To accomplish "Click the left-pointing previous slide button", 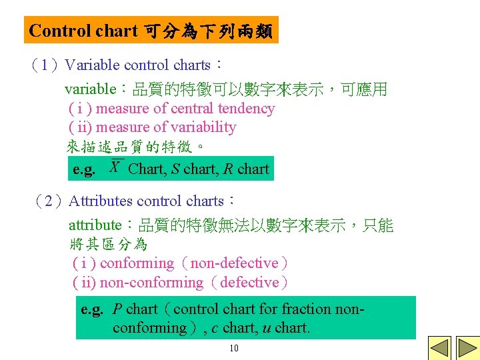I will click(438, 348).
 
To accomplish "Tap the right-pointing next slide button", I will click(462, 348).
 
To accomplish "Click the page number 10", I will click(233, 349).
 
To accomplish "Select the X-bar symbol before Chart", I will click(115, 167).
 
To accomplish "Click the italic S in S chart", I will click(175, 169).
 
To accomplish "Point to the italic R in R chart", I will click(228, 169).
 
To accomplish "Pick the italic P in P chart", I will click(117, 309).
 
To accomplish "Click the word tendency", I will click(246, 109).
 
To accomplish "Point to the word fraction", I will click(307, 309).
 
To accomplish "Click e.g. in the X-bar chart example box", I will click(84, 170).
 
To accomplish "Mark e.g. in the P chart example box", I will click(92, 309).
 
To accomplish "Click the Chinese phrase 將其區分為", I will click(108, 245).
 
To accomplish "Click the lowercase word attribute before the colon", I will click(95, 226).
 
